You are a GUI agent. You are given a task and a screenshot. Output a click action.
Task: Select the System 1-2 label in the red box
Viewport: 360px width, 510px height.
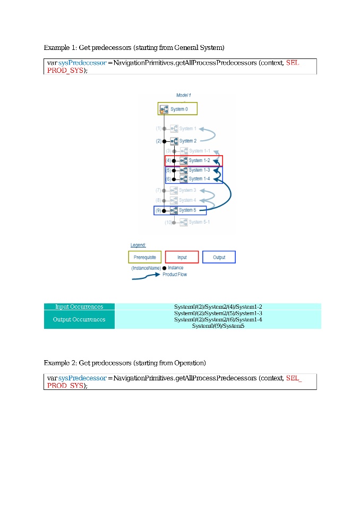(x=199, y=160)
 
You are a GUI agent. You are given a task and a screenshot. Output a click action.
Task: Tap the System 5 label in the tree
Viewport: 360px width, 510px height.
(x=187, y=210)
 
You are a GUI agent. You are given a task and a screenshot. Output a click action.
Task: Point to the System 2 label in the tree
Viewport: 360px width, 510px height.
(x=188, y=141)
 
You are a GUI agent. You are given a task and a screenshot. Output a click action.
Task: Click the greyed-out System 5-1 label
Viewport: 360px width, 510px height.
(x=199, y=222)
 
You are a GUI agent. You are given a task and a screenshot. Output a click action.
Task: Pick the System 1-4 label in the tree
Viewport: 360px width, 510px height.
(x=199, y=178)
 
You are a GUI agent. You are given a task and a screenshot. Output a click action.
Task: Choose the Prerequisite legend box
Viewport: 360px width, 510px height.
(x=145, y=257)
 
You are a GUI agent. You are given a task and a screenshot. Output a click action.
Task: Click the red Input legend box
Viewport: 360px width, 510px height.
(x=182, y=257)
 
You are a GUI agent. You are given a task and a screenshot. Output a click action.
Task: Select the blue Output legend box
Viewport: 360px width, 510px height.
(x=219, y=257)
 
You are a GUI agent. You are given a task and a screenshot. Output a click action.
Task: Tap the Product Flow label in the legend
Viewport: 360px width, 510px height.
(x=175, y=275)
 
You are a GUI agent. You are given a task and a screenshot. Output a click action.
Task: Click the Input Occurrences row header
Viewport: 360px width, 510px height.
(x=79, y=307)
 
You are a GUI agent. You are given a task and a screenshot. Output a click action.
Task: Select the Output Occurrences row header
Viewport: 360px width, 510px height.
(x=79, y=319)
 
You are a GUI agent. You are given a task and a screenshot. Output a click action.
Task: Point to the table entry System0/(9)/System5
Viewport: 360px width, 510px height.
(x=218, y=326)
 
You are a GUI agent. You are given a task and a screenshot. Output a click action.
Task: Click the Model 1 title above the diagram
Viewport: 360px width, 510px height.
(x=183, y=95)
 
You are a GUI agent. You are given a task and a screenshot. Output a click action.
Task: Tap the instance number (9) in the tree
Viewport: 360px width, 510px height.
(x=158, y=210)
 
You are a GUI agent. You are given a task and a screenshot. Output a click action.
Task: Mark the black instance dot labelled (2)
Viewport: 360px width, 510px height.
(x=164, y=141)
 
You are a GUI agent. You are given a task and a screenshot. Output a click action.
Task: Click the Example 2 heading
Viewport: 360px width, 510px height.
(x=125, y=363)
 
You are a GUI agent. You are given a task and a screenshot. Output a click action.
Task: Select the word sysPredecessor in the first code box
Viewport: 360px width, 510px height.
(x=82, y=63)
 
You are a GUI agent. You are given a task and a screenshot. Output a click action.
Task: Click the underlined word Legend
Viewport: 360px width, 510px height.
(x=138, y=245)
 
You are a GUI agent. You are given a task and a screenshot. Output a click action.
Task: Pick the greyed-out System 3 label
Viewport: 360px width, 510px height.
(x=187, y=190)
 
